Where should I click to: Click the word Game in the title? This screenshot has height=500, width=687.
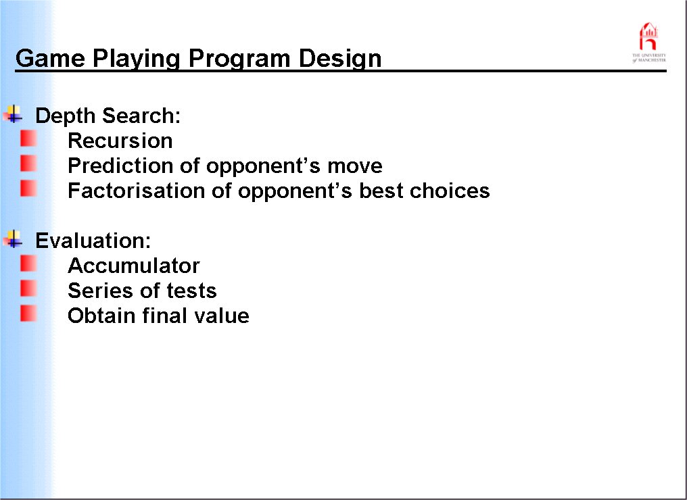(50, 58)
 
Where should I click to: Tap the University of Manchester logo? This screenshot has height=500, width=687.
(649, 43)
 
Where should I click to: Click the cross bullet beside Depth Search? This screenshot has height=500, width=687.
(13, 114)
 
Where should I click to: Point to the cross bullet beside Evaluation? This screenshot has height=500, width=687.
(13, 239)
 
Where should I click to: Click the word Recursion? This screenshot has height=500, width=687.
(120, 141)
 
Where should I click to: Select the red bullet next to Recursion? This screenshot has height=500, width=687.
(28, 139)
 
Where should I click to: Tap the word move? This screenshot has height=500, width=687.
(355, 166)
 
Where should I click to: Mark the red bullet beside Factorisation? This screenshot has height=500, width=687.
(28, 189)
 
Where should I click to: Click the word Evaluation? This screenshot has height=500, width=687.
(93, 241)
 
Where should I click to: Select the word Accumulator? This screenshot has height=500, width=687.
(134, 266)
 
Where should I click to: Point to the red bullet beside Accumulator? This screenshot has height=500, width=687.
(28, 264)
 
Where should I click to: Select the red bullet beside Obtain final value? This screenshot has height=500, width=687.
(28, 314)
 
